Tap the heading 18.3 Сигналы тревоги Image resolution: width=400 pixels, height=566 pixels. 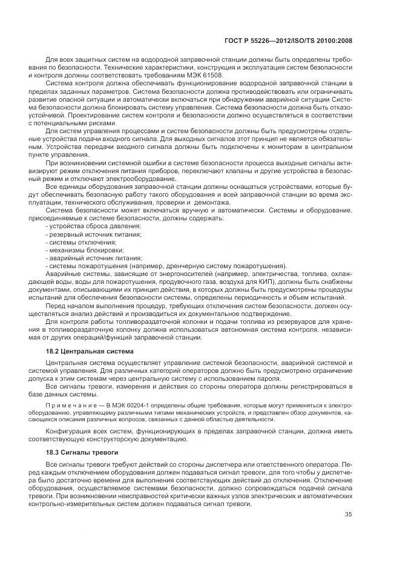(79, 453)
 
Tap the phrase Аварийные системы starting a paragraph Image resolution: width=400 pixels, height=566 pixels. (73, 274)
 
